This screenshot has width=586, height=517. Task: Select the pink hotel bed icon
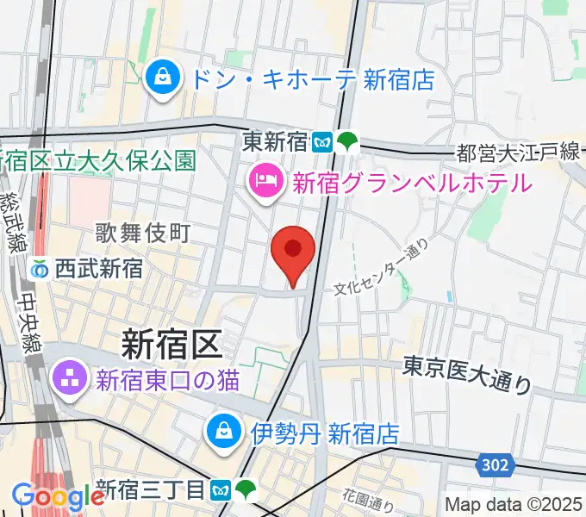point(262,182)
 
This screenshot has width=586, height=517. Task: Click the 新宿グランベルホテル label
point(412,183)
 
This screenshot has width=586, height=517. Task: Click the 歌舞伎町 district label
point(141,233)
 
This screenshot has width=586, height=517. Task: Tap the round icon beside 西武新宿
point(39,269)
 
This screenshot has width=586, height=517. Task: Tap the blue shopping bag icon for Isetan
point(223,428)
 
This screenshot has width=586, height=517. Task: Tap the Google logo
point(58,495)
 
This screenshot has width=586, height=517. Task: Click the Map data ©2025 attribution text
point(514,504)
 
